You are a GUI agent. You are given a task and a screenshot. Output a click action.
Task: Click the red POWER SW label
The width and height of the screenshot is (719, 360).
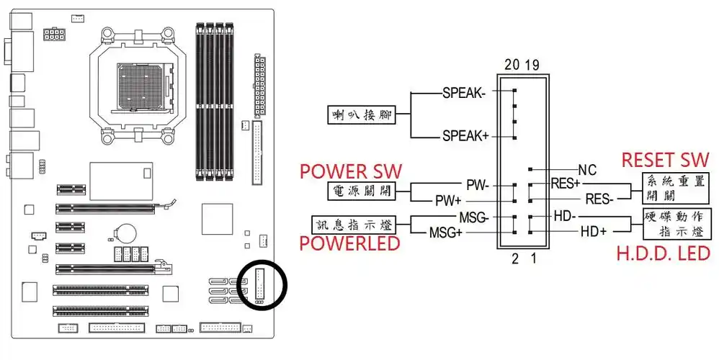pyautogui.click(x=351, y=171)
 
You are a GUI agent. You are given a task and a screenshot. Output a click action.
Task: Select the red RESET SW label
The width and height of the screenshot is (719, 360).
pyautogui.click(x=665, y=159)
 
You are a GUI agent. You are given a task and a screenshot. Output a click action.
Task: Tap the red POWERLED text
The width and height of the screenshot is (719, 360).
pyautogui.click(x=349, y=243)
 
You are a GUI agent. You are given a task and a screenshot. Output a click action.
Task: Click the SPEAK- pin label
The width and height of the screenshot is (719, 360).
pyautogui.click(x=465, y=93)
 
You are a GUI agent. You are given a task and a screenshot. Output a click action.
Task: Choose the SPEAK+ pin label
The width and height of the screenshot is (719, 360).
pyautogui.click(x=465, y=135)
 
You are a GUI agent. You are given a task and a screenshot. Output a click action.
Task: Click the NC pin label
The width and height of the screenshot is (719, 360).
pyautogui.click(x=588, y=170)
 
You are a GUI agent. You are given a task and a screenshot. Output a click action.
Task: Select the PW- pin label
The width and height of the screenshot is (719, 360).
pyautogui.click(x=477, y=185)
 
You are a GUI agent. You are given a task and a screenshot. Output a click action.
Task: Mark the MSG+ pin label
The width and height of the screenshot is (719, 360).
pyautogui.click(x=445, y=232)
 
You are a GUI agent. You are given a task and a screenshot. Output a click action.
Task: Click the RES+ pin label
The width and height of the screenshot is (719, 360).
pyautogui.click(x=566, y=184)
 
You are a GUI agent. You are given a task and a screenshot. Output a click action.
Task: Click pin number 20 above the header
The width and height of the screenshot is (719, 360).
pyautogui.click(x=512, y=65)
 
